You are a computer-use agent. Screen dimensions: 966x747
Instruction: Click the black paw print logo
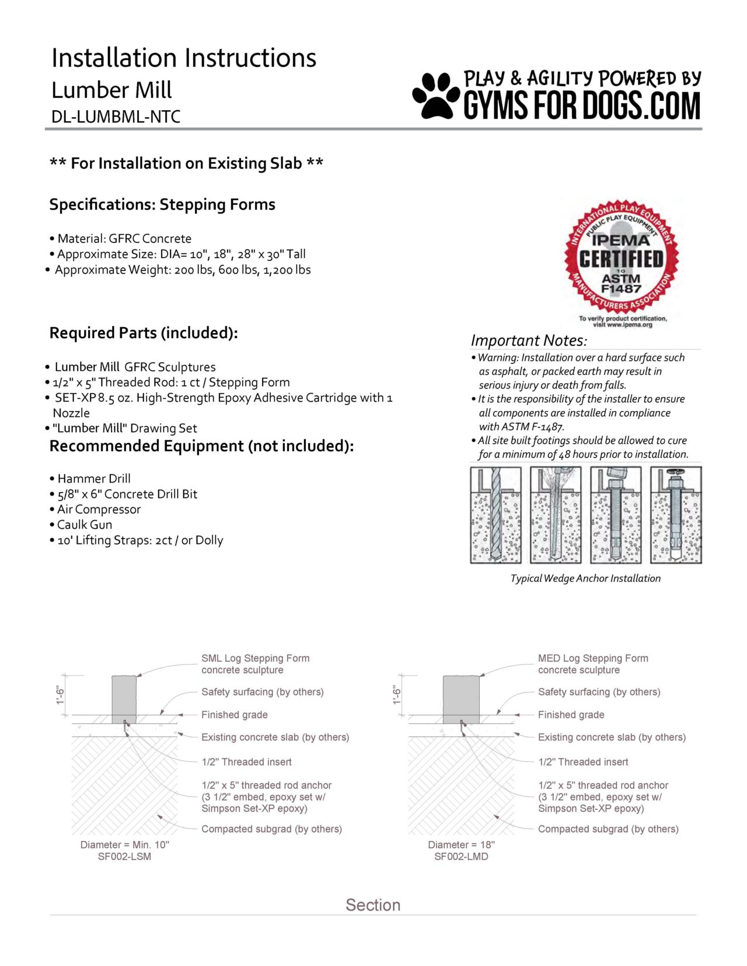[x=436, y=96]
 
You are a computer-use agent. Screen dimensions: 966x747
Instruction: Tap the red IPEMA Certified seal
[x=621, y=260]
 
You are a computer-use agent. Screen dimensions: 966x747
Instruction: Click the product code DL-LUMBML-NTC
[x=116, y=117]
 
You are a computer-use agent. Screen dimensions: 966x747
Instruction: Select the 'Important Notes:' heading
[x=528, y=340]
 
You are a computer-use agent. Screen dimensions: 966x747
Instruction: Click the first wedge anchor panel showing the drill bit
[x=495, y=515]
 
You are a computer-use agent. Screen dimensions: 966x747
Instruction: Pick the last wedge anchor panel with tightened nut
[x=676, y=515]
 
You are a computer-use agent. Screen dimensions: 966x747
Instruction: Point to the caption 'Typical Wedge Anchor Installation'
[x=585, y=578]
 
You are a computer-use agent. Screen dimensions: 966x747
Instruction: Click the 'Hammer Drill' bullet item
[x=93, y=479]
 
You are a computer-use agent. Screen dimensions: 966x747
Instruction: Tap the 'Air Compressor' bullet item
[x=99, y=510]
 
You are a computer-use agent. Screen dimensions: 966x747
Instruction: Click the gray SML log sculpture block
[x=124, y=698]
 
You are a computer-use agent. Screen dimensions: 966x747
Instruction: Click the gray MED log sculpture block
[x=461, y=698]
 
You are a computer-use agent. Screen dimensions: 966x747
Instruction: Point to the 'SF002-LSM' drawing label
[x=124, y=856]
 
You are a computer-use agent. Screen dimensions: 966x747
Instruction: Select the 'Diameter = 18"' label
[x=461, y=845]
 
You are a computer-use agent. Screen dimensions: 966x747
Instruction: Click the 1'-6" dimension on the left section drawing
[x=61, y=695]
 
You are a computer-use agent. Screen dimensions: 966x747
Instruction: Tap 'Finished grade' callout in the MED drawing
[x=571, y=715]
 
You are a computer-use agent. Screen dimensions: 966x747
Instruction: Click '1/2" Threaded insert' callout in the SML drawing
[x=246, y=762]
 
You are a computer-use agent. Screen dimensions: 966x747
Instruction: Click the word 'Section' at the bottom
[x=373, y=905]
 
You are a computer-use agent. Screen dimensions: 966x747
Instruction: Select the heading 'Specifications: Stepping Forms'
[x=162, y=205]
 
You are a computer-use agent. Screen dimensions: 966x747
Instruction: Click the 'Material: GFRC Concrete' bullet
[x=124, y=238]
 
